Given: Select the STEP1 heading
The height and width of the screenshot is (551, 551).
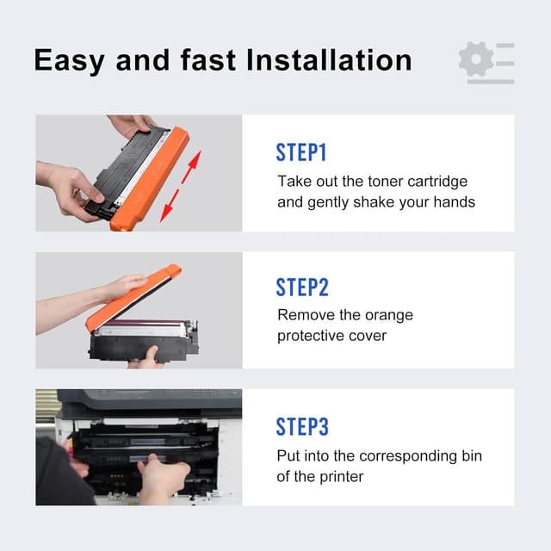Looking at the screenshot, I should pos(301,153).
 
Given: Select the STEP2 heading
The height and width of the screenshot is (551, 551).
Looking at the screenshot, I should pos(302,288).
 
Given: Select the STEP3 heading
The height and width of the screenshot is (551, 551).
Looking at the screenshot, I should pos(302,426).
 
